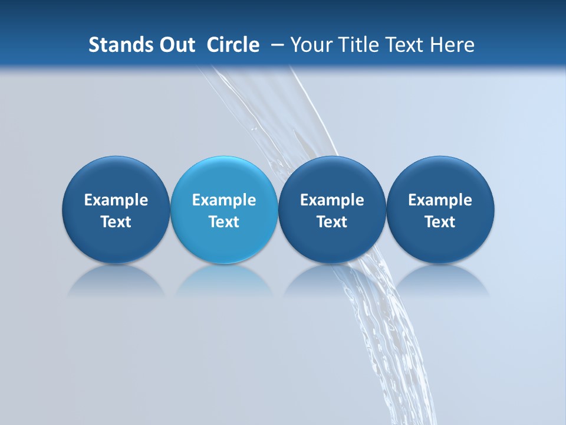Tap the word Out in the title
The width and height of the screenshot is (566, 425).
175,45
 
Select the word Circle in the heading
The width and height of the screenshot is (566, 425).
233,45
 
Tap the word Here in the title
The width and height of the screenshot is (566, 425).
452,45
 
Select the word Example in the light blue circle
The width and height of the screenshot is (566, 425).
224,200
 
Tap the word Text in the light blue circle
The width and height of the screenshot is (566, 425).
224,222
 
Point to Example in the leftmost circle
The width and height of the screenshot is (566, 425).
116,200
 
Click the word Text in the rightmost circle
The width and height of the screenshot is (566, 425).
440,222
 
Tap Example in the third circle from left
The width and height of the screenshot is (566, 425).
332,200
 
